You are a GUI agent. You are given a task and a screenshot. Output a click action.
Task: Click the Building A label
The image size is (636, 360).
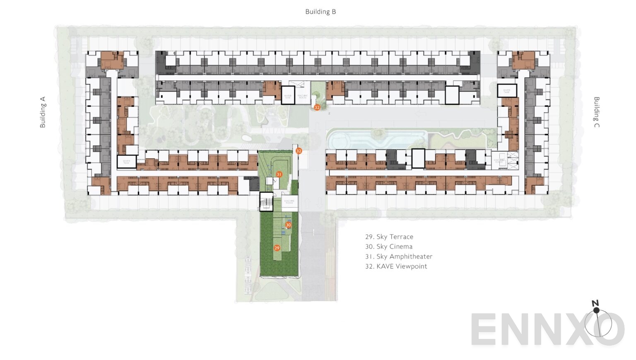[x=43, y=112]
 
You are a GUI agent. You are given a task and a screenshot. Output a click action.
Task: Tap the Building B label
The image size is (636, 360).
[x=320, y=12]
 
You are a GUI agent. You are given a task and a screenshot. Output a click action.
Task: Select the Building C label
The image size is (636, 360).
[x=596, y=112]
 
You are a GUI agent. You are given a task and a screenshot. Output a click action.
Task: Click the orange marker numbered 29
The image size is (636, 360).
[x=277, y=248]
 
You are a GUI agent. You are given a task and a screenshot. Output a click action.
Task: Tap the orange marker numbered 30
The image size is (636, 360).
[x=288, y=225]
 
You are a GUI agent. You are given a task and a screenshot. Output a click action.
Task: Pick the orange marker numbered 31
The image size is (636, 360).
[x=279, y=174]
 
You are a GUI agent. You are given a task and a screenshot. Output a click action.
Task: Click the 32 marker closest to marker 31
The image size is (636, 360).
[x=299, y=151]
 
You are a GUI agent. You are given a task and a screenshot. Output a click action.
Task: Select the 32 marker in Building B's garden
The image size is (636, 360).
[x=317, y=107]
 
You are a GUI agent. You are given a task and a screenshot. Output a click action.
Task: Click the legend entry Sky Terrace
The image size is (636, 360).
[x=389, y=237]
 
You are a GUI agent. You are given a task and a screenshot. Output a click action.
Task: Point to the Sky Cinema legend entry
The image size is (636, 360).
[x=389, y=246]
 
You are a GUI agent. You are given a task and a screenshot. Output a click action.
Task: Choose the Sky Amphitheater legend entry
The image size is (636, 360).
[x=398, y=256]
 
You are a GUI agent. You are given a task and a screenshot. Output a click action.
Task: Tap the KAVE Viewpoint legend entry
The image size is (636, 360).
[x=396, y=266]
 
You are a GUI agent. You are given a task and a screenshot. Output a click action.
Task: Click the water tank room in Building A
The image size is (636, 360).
[x=126, y=162]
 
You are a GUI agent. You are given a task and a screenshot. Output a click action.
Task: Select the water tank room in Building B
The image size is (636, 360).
[x=288, y=96]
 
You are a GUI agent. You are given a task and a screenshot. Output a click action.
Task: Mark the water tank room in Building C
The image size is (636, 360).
[x=507, y=90]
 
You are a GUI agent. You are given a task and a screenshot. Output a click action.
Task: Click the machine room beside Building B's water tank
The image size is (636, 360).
[x=303, y=97]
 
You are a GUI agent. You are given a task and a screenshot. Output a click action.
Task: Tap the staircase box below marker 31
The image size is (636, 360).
[x=266, y=202]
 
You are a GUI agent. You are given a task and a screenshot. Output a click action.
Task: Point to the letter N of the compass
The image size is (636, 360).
[x=595, y=303]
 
